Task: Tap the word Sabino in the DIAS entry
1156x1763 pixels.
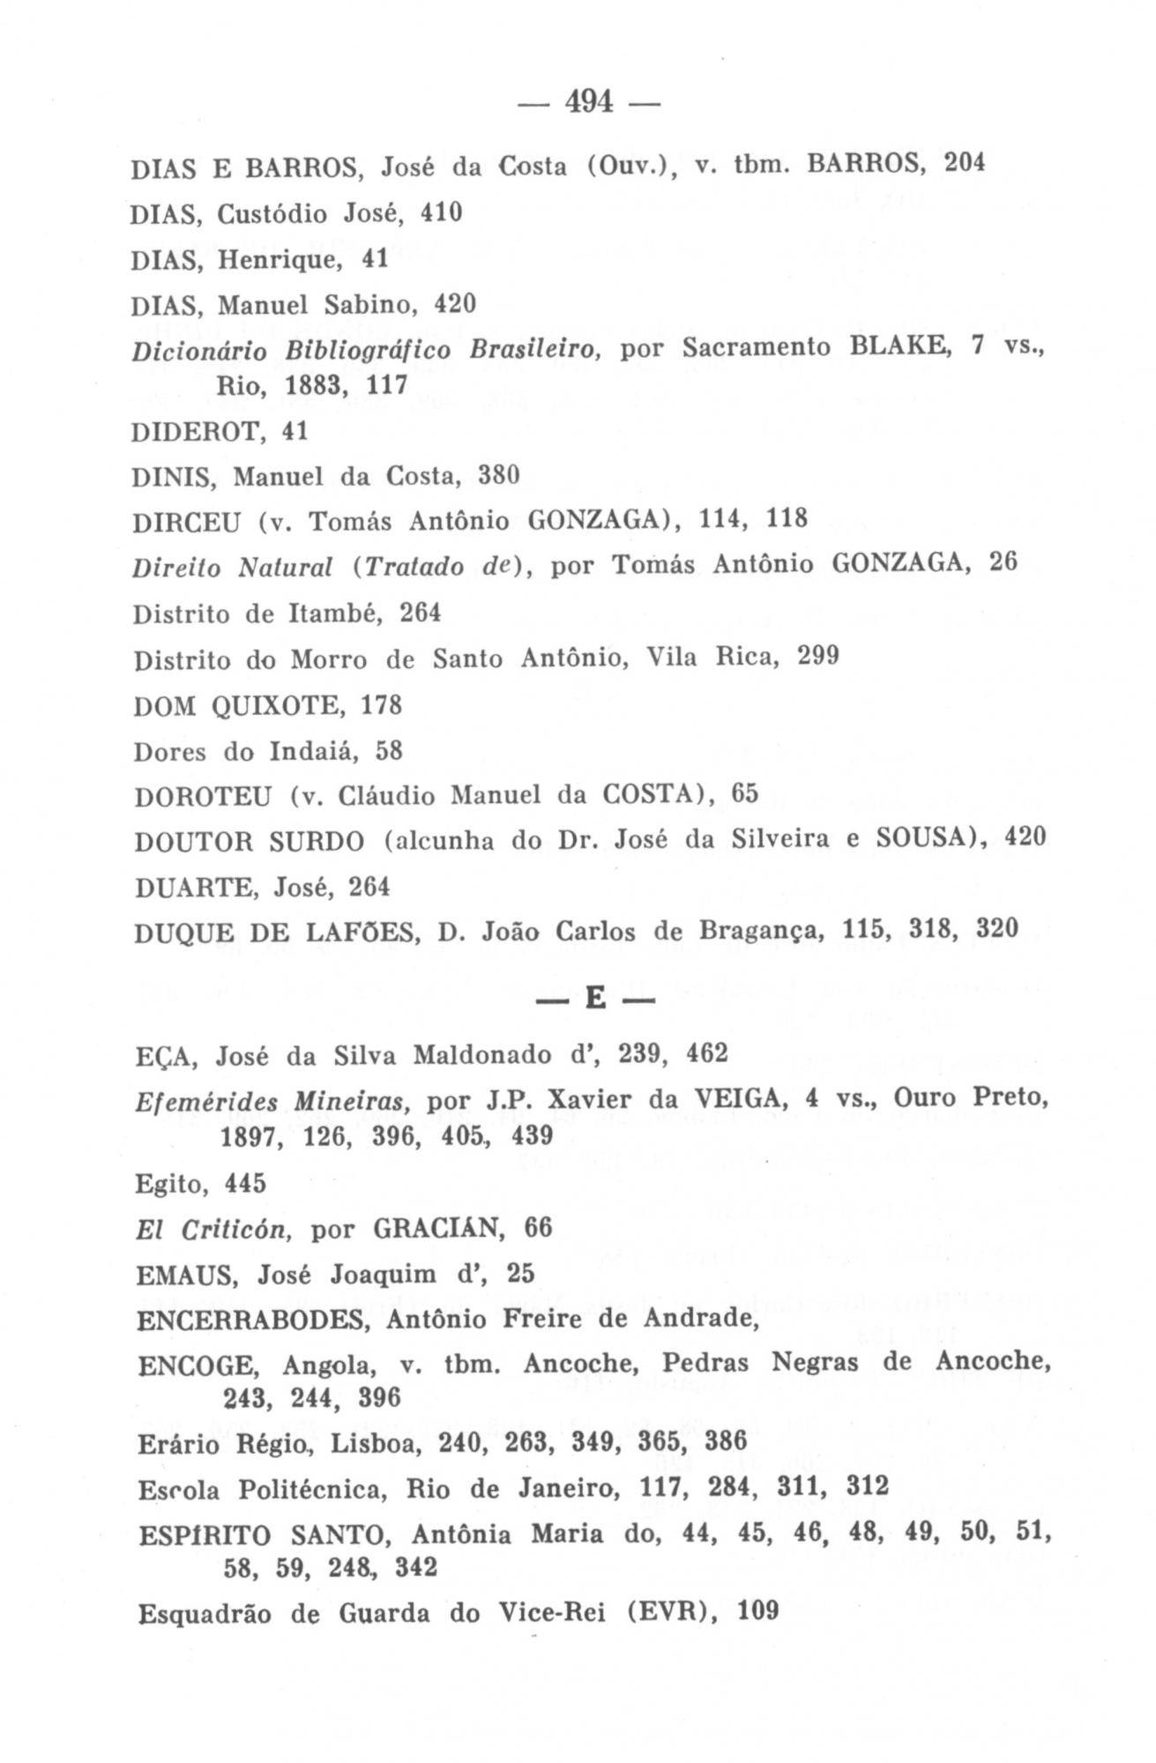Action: (369, 304)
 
